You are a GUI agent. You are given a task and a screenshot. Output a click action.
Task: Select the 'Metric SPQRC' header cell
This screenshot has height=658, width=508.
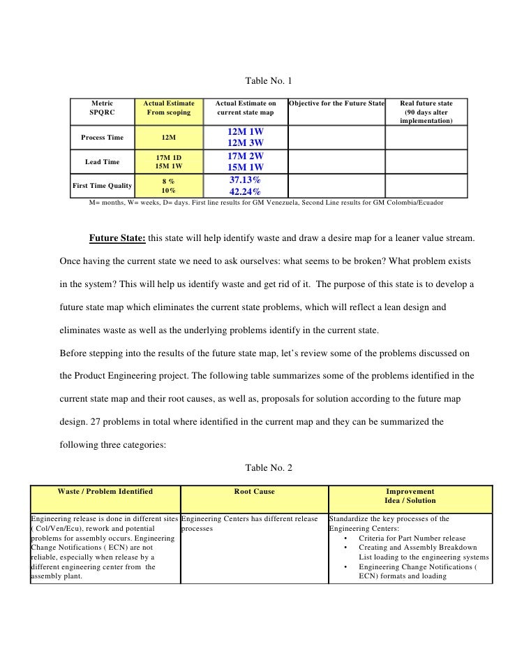pos(101,108)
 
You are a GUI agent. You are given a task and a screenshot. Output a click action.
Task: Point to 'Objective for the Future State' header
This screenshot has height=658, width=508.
pos(336,103)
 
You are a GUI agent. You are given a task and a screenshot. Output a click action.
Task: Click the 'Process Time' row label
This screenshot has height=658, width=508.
pos(102,138)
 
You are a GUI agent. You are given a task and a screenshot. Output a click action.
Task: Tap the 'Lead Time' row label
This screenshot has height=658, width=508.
pos(102,162)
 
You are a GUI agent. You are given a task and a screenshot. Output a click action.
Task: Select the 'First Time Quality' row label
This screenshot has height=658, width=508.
pos(102,185)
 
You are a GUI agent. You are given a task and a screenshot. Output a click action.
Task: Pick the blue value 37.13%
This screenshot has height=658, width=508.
pos(245,180)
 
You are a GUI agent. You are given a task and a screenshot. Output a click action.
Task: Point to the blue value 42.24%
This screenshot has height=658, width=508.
pos(245,192)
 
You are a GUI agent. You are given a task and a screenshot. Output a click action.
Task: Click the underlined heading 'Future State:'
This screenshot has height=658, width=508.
pos(117,238)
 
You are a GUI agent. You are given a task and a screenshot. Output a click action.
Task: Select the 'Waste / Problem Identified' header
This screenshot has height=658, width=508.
pos(105,492)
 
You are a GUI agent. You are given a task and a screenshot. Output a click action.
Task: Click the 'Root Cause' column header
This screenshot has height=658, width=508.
pos(254,492)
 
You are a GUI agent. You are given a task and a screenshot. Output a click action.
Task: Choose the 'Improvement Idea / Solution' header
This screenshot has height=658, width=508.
pos(410,496)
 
